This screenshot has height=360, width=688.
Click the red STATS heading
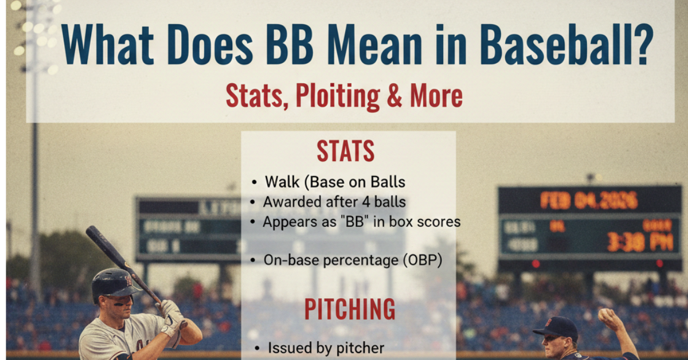[346, 151]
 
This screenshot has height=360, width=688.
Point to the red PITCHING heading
[349, 310]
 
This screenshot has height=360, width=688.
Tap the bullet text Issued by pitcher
[326, 347]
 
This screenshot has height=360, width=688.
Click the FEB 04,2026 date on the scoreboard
[588, 201]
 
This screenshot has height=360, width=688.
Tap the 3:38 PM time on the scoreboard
[639, 241]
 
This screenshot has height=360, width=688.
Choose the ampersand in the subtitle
[394, 96]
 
